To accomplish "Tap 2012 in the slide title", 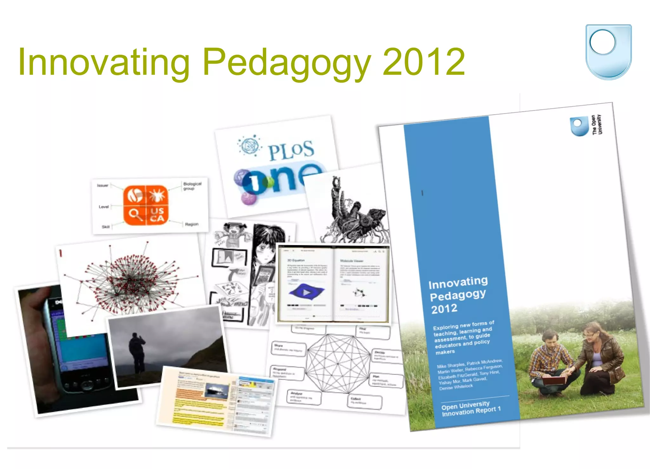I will [x=424, y=62].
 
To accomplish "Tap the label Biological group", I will [x=192, y=186].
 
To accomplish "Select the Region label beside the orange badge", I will [x=192, y=224].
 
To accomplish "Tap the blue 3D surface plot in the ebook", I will [x=306, y=292].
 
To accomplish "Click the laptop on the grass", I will [x=554, y=380].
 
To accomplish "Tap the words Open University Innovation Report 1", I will [x=471, y=408].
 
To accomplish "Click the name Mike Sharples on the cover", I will [x=451, y=365].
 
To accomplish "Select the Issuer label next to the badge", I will [x=103, y=186].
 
